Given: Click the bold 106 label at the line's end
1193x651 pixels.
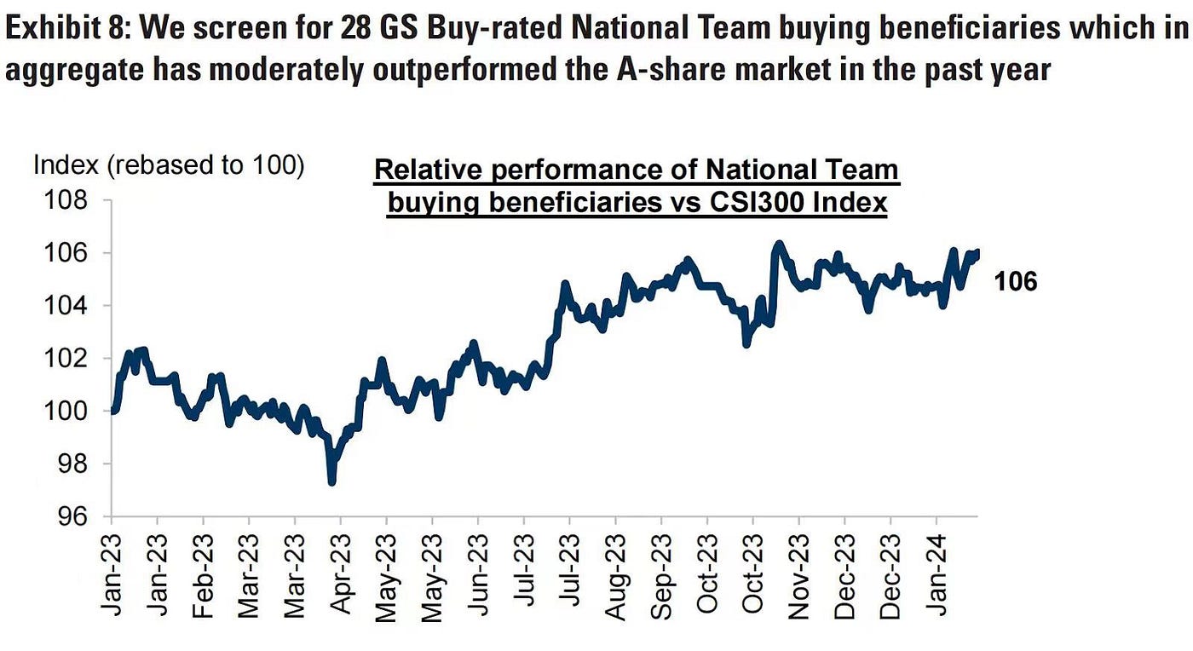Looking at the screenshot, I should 1016,281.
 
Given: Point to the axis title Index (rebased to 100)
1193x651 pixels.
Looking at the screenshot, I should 169,165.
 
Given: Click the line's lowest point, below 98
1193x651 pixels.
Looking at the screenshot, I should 331,482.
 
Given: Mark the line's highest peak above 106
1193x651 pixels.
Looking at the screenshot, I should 778,244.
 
